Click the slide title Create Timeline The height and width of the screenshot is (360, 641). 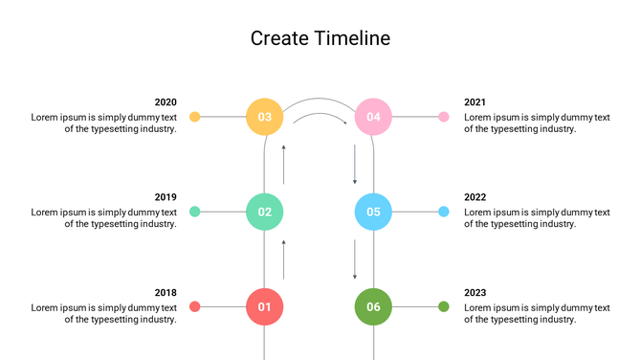pos(320,38)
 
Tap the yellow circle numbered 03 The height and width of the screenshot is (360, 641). pos(265,117)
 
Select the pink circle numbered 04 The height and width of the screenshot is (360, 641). pos(373,117)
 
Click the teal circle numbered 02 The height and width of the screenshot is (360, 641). pos(265,212)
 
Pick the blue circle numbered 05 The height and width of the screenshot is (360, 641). pos(373,212)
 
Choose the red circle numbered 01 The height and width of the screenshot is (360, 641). pos(265,306)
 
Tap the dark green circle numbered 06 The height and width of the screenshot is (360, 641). pos(373,306)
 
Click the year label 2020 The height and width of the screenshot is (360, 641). pos(166,102)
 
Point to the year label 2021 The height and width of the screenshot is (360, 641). pos(475,102)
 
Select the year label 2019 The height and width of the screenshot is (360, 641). pos(166,197)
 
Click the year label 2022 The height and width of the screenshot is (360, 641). pos(475,197)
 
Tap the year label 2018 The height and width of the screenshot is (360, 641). pos(166,292)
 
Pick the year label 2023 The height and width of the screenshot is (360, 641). pos(475,292)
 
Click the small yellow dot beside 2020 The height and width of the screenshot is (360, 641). pos(195,117)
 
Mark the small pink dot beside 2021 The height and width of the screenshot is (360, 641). pos(443,117)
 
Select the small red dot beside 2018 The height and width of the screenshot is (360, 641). pos(195,306)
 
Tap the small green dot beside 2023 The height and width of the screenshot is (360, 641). pos(443,306)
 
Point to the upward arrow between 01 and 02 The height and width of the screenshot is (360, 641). pos(283,259)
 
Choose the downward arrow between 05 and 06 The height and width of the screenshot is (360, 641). pos(355,259)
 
